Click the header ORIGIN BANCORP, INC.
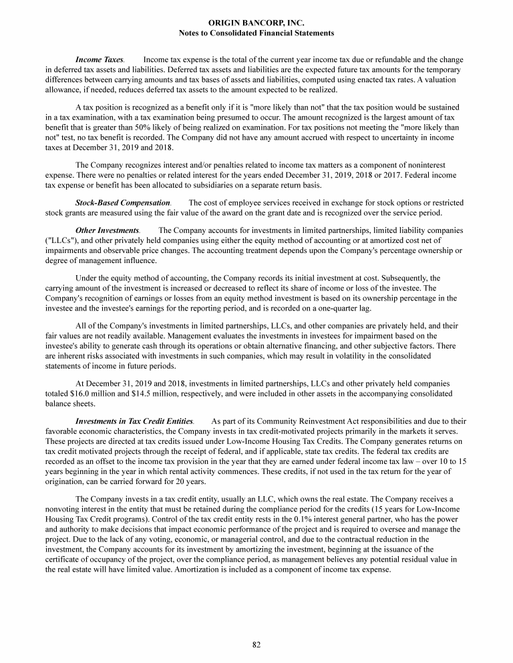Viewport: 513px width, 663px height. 256,23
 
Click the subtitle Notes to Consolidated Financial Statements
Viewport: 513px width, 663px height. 256,33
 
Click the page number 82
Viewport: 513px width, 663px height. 256,644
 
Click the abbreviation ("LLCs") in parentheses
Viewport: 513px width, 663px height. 59,239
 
